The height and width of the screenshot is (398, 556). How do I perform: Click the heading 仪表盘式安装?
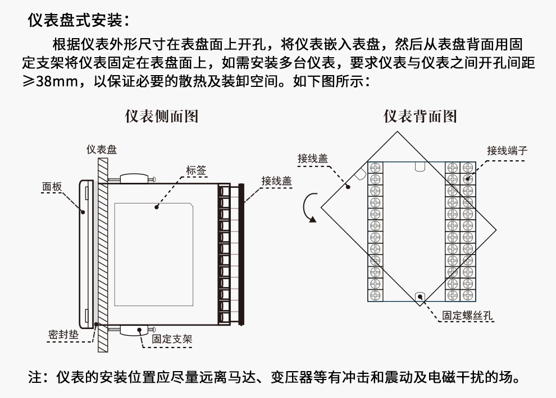pyautogui.click(x=79, y=21)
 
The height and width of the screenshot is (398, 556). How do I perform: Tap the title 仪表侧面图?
pyautogui.click(x=161, y=116)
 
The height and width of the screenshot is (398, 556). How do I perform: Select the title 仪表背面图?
pyautogui.click(x=420, y=116)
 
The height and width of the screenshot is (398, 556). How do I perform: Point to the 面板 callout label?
pyautogui.click(x=52, y=187)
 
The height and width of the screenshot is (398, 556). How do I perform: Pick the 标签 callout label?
pyautogui.click(x=196, y=170)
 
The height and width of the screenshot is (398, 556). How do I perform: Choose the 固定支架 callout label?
pyautogui.click(x=172, y=339)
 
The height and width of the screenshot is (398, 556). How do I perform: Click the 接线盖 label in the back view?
pyautogui.click(x=313, y=158)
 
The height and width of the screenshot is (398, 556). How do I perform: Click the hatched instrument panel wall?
pyautogui.click(x=102, y=252)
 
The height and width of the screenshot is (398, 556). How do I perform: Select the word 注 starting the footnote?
pyautogui.click(x=35, y=377)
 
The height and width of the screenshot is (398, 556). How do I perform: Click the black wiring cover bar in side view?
pyautogui.click(x=242, y=253)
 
